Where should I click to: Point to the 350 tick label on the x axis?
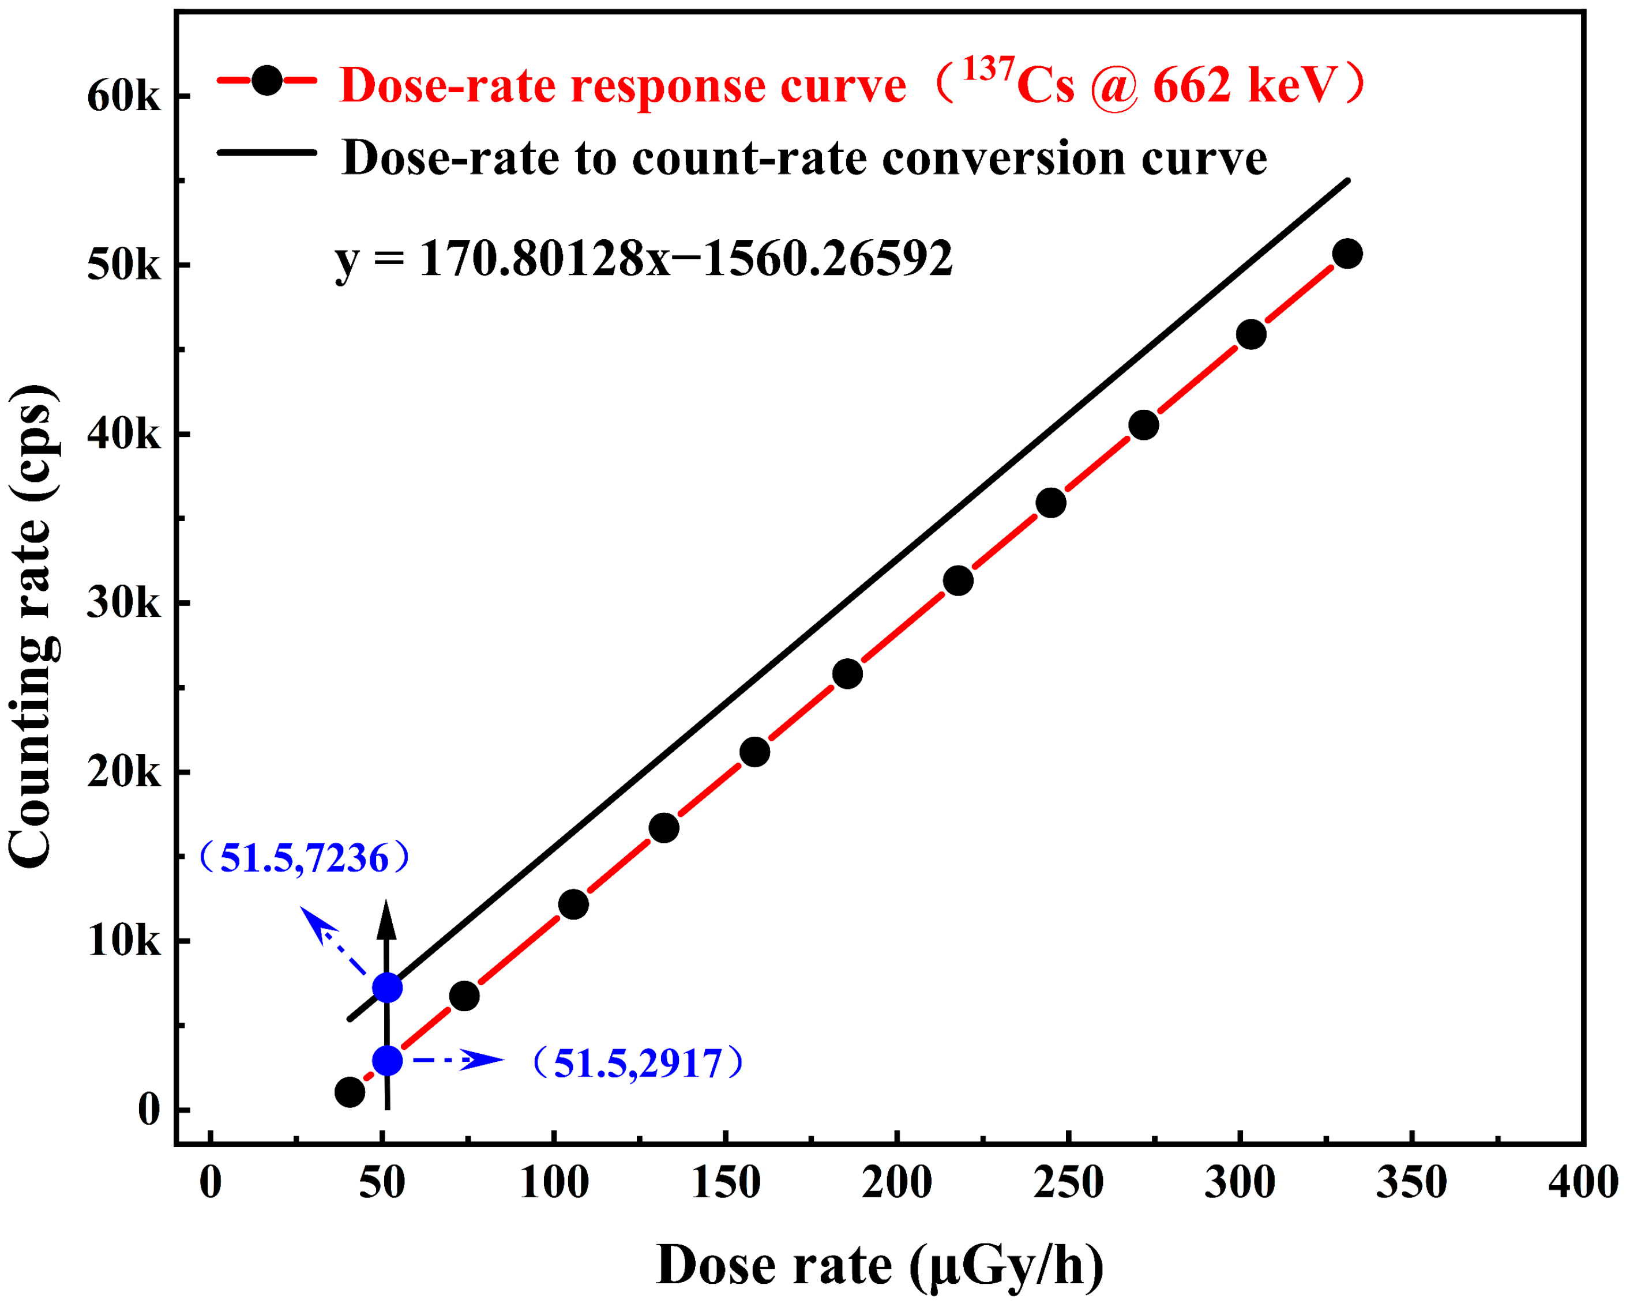point(1411,1182)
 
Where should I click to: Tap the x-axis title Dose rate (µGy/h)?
point(880,1265)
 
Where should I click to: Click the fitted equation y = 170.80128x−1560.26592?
point(643,259)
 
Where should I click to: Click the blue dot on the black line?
point(387,987)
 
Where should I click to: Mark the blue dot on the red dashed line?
point(387,1061)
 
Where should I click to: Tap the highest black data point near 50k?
point(1347,254)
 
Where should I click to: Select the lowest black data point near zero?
point(349,1092)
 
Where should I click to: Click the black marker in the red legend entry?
point(267,80)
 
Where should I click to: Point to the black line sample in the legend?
point(267,153)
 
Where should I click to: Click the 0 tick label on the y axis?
point(149,1110)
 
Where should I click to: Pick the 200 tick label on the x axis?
point(897,1182)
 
